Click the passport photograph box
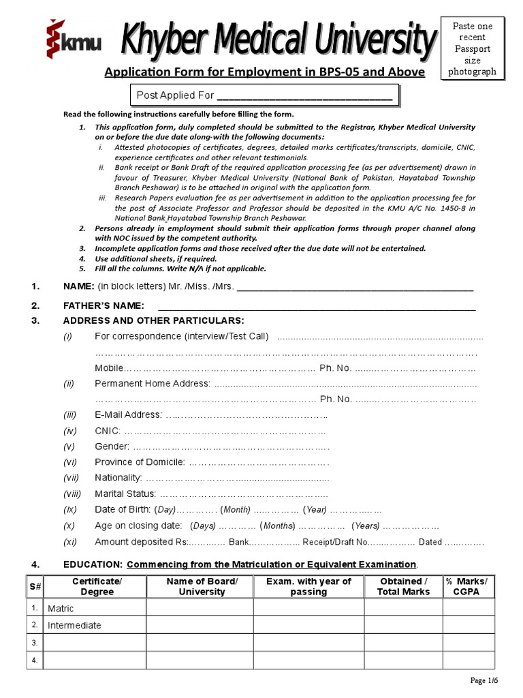(x=473, y=48)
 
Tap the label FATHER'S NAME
(x=104, y=305)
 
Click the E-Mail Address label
(x=128, y=415)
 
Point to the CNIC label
(x=108, y=431)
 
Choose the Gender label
(x=112, y=446)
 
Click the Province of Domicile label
(x=140, y=462)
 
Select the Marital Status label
(x=125, y=494)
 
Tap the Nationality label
(x=118, y=478)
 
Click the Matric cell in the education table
(x=60, y=608)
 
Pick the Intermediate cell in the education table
(x=74, y=626)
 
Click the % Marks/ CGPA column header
(x=466, y=586)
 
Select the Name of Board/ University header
(x=202, y=586)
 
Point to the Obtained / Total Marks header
(x=403, y=586)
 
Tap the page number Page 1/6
(x=484, y=681)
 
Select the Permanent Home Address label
(x=153, y=384)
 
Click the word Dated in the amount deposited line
(x=430, y=543)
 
